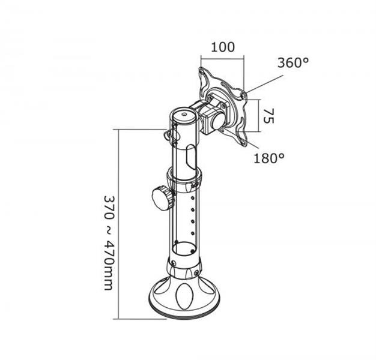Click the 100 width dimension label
point(223,47)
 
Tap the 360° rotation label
point(293,62)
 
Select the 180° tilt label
point(269,158)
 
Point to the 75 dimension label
point(268,116)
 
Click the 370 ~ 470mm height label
point(108,243)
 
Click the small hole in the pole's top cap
point(184,114)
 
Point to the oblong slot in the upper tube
point(191,156)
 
